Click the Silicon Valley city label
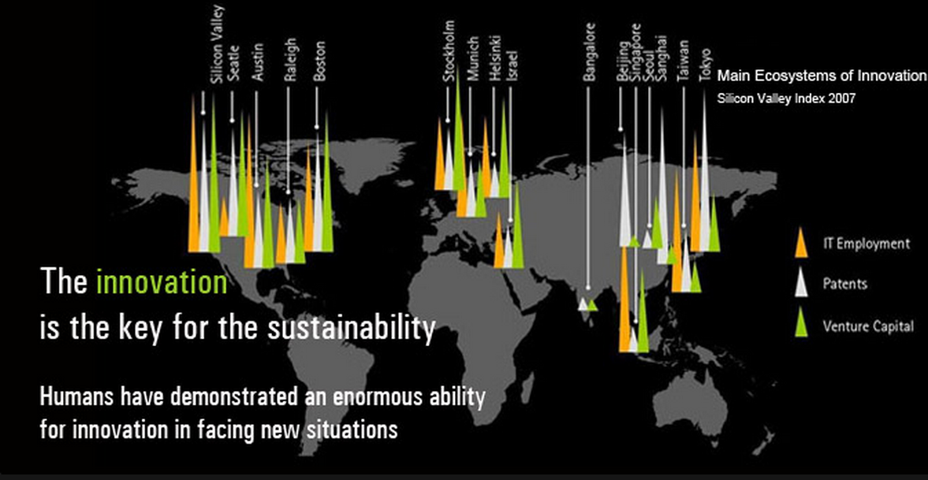(x=217, y=44)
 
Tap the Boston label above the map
(x=319, y=61)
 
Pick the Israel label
(x=512, y=67)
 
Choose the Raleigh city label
(x=290, y=61)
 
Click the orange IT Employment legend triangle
(x=801, y=243)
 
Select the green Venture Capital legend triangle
(x=801, y=322)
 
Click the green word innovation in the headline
(x=162, y=281)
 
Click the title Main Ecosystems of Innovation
(x=821, y=76)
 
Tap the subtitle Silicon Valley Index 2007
(x=786, y=99)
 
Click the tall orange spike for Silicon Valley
(x=193, y=177)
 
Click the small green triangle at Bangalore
(x=592, y=305)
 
